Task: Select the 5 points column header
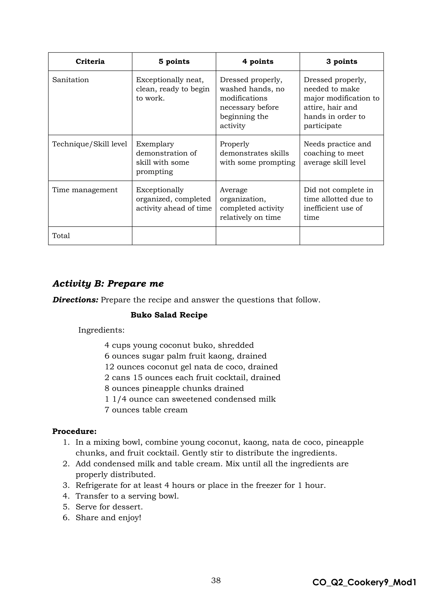[174, 61]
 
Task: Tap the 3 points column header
[342, 61]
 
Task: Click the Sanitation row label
[70, 80]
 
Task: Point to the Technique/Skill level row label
[90, 144]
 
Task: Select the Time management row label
[85, 190]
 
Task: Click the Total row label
[61, 235]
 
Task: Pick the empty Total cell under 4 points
[258, 235]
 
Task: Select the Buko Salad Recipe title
[169, 315]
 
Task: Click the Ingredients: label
[101, 330]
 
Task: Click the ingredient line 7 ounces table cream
[146, 410]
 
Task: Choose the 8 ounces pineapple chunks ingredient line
[174, 388]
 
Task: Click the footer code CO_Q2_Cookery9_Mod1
[364, 583]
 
